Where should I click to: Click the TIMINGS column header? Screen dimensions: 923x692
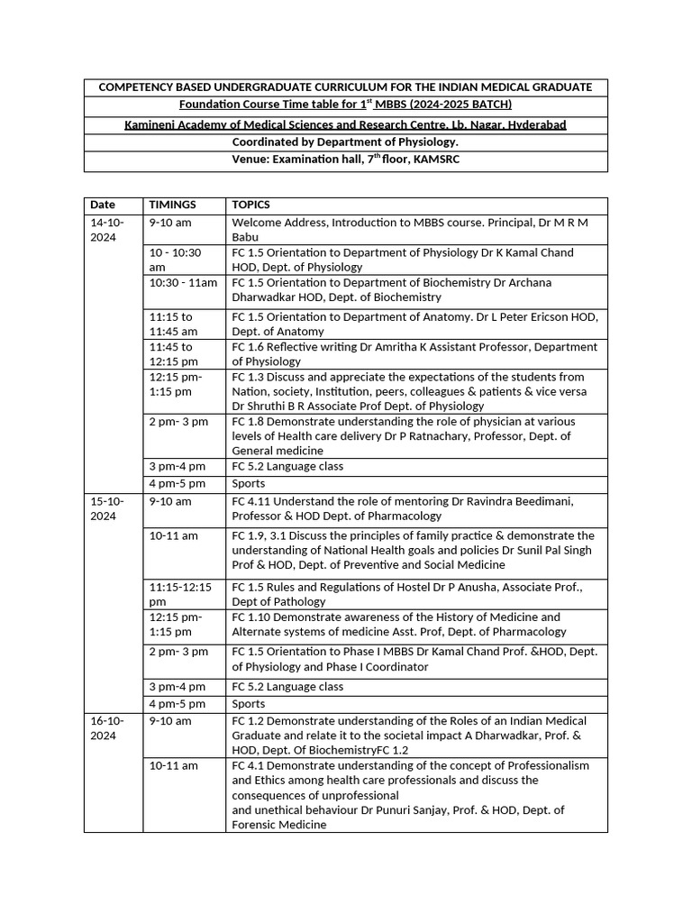[x=172, y=206]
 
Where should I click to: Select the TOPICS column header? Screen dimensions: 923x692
[x=250, y=206]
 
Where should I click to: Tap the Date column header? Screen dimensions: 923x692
[x=102, y=206]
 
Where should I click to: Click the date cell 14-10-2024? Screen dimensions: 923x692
[x=106, y=229]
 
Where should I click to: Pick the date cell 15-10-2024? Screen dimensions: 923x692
[x=106, y=508]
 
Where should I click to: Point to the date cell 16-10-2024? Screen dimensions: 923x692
[x=106, y=728]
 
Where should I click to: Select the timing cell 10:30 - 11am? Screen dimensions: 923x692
[x=183, y=283]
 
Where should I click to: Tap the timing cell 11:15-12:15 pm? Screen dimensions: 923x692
[x=180, y=594]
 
